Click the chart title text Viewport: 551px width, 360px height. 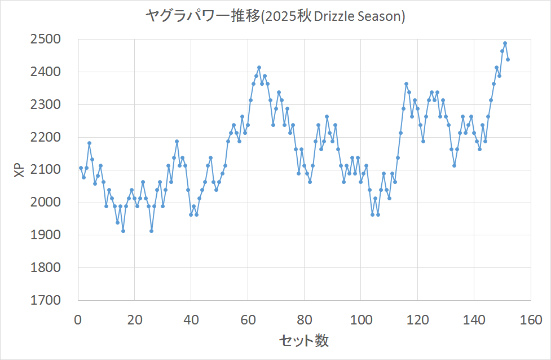[x=275, y=17]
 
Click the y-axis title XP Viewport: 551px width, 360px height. [x=19, y=170]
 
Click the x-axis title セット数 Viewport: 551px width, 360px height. [x=304, y=340]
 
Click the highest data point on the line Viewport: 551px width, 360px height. [x=505, y=43]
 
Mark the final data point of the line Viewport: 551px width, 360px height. [x=508, y=59]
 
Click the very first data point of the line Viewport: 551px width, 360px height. [x=81, y=168]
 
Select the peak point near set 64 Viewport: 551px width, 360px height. [x=259, y=68]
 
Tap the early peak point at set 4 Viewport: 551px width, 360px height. [x=89, y=143]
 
